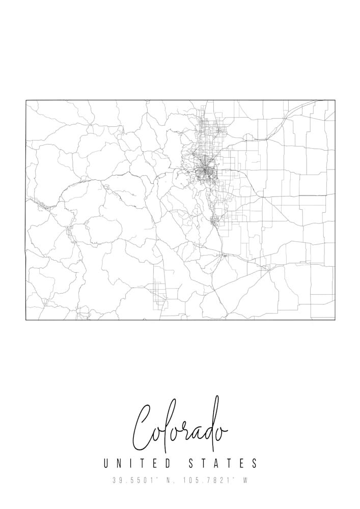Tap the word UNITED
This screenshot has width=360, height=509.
point(136,464)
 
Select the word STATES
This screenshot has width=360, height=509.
point(223,464)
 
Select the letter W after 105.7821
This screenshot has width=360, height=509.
point(245,480)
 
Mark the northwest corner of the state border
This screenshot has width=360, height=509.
point(26,100)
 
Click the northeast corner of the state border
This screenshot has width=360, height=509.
point(335,100)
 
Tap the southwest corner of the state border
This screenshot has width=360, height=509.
point(26,320)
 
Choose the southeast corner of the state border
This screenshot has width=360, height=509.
point(335,320)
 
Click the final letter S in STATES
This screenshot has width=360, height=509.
point(255,464)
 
